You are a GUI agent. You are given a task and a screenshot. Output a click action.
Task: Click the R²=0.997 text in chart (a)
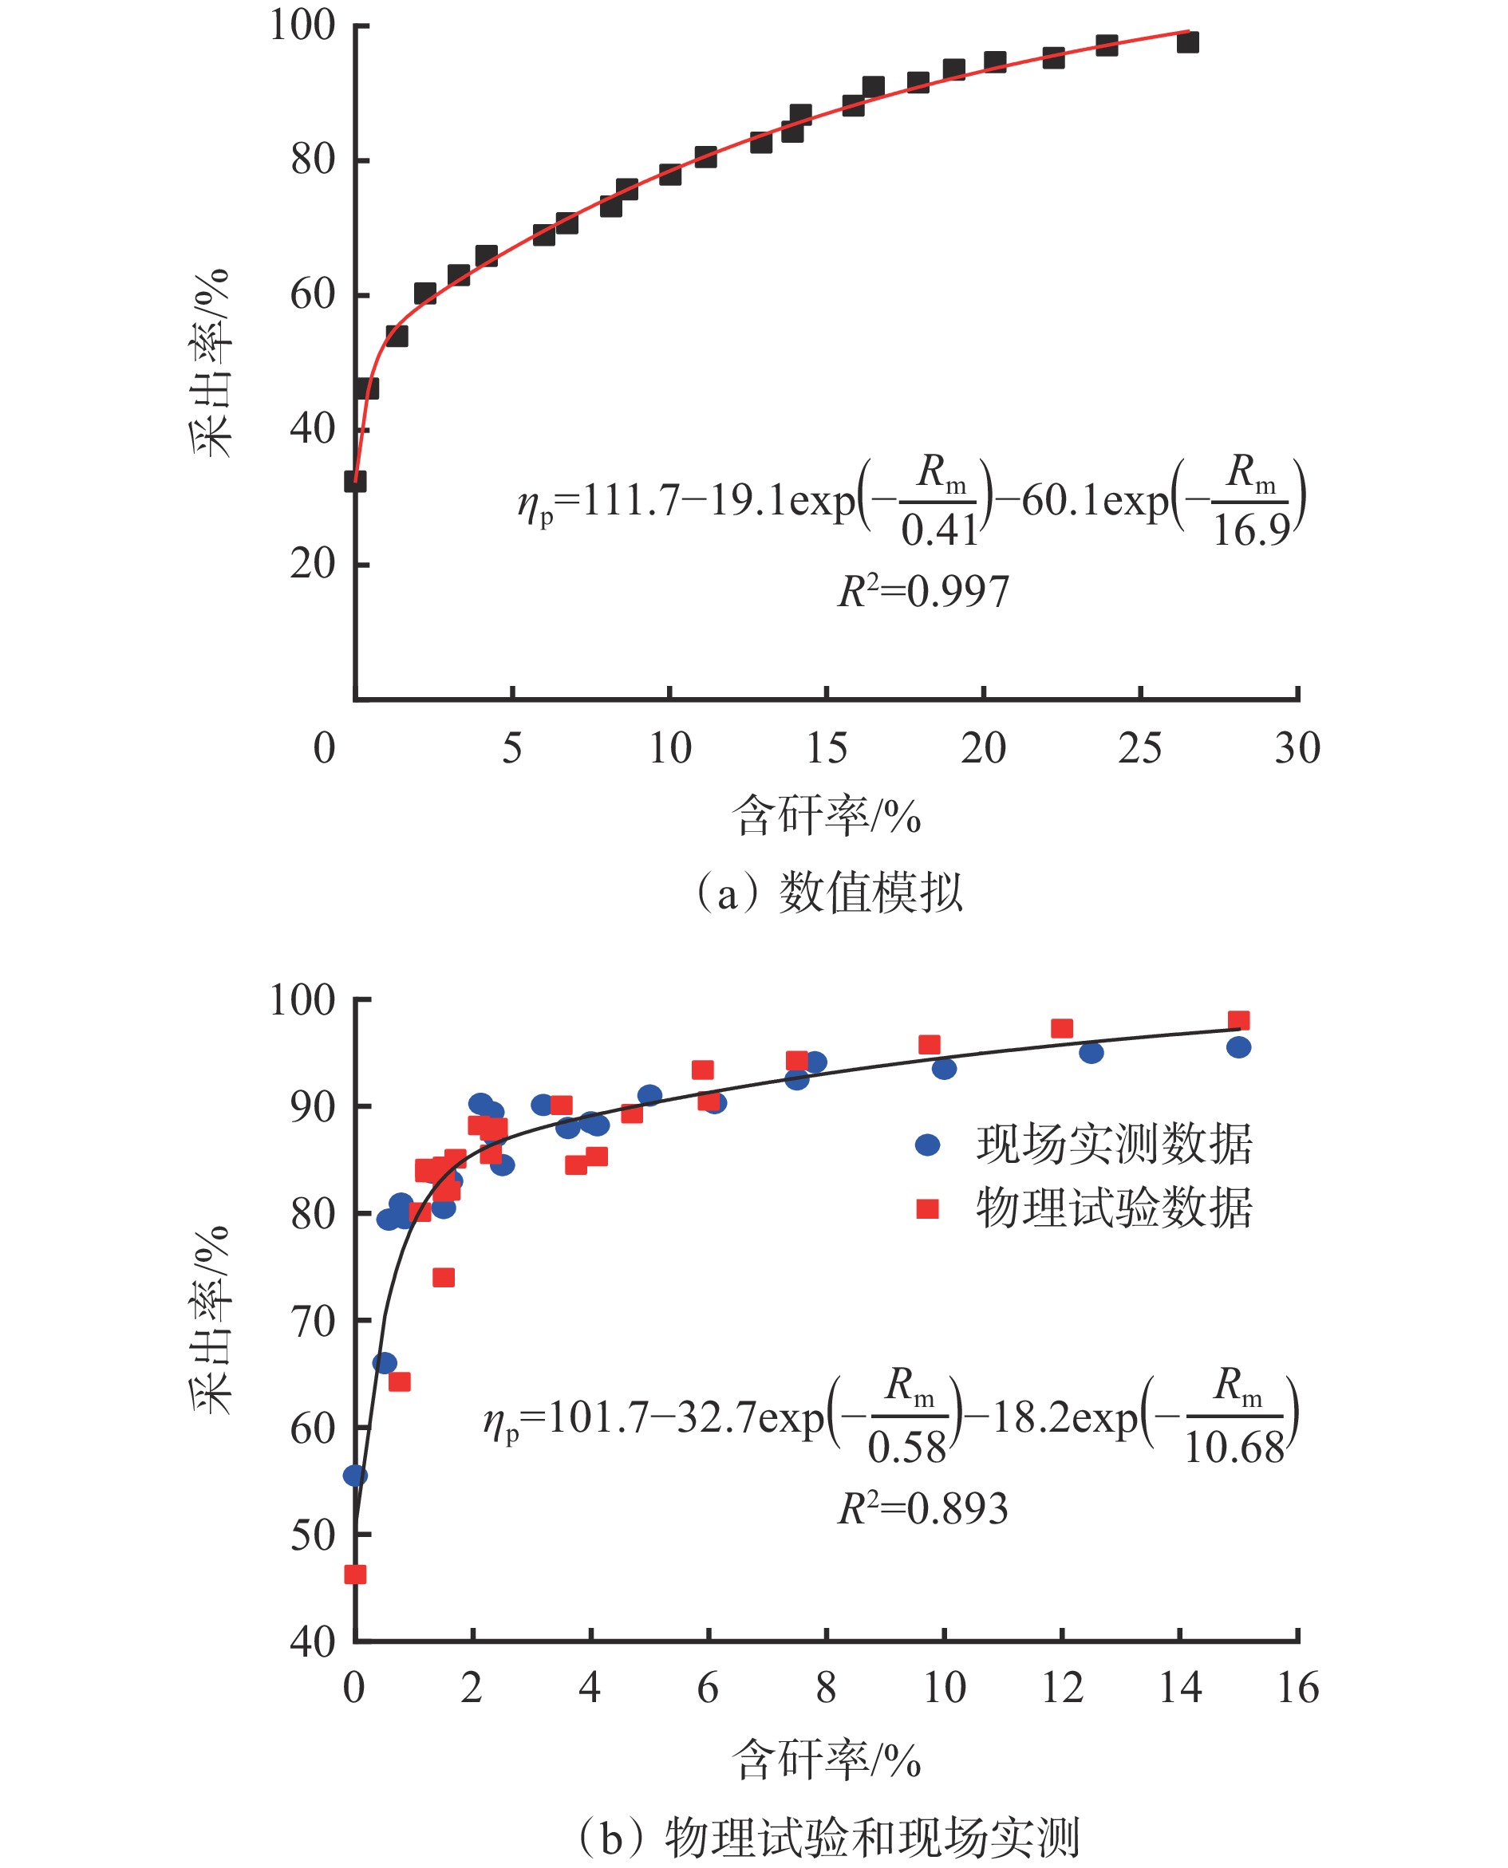point(923,593)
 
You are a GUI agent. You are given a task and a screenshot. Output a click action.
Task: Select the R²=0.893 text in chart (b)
point(922,1508)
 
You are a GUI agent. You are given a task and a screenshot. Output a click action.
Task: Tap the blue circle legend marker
point(928,1145)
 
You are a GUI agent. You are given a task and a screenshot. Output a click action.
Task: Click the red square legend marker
point(928,1208)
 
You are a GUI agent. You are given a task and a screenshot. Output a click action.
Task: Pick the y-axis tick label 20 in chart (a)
point(313,565)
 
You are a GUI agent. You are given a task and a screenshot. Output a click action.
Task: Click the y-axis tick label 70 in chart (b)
point(313,1322)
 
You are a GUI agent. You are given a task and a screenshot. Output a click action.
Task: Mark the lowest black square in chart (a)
point(355,481)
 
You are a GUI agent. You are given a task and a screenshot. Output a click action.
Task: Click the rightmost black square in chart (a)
point(1187,41)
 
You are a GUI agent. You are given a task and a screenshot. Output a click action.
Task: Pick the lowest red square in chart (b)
point(355,1574)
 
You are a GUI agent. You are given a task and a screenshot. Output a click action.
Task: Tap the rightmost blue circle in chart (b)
point(1238,1047)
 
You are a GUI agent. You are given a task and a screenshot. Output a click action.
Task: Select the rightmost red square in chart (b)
point(1238,1020)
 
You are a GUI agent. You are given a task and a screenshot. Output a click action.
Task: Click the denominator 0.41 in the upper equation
point(939,530)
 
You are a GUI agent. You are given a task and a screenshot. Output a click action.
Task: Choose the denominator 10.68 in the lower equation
point(1234,1448)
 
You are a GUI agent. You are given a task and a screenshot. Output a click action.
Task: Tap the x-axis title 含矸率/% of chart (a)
point(826,816)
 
